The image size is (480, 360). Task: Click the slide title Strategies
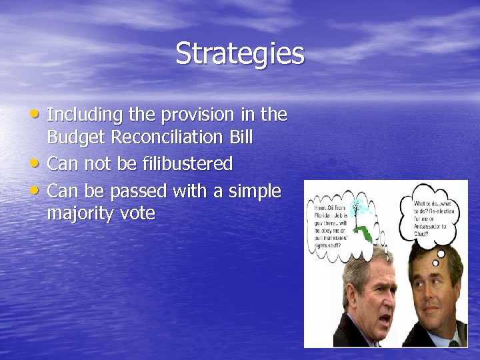pyautogui.click(x=239, y=54)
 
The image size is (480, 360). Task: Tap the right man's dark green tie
pyautogui.click(x=454, y=343)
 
